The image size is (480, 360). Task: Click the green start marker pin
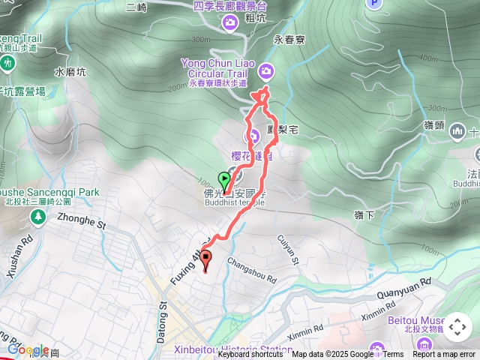point(223,180)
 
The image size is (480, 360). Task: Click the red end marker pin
point(206,260)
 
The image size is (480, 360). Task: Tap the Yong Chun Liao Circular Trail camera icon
point(266,71)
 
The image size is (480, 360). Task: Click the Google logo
point(28,349)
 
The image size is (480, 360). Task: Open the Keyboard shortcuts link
point(250,355)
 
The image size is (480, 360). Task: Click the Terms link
point(393,355)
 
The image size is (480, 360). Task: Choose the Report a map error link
point(444,355)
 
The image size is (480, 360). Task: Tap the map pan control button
point(457,327)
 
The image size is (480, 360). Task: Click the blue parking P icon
point(374,3)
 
